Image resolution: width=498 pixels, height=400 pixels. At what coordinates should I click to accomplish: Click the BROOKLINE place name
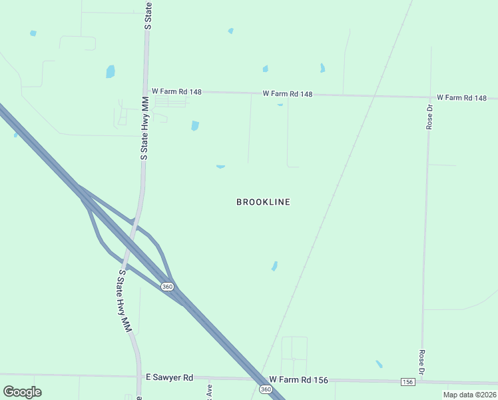coord(263,202)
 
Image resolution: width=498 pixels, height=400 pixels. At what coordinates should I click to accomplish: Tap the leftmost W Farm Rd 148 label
coord(176,91)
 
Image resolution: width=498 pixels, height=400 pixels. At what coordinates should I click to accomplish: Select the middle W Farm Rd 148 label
coord(288,94)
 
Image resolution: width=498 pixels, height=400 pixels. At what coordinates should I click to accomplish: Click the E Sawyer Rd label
coord(169,377)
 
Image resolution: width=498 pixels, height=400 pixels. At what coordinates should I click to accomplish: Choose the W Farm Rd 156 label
coord(298,380)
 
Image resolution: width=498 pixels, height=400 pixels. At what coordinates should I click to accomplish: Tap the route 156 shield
coord(408,381)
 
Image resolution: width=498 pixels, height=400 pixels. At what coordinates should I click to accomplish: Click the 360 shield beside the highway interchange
coord(167,286)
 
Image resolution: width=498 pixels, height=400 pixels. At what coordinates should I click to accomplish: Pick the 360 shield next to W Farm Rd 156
coord(266,389)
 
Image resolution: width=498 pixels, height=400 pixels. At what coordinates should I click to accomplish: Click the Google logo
coord(22,392)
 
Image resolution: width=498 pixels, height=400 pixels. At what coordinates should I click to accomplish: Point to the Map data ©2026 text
coord(469,395)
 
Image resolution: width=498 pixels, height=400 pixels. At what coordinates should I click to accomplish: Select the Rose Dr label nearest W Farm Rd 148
coord(430,116)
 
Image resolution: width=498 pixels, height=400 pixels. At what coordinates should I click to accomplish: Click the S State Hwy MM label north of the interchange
coord(144,127)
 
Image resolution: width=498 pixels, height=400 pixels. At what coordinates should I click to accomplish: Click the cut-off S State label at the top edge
coord(148,14)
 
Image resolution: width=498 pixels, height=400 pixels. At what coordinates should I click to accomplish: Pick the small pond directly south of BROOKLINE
coord(274,266)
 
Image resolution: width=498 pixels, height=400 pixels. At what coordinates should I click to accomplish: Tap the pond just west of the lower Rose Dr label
coord(379,364)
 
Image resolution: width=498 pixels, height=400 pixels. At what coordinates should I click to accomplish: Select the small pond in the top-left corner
coord(33,33)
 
